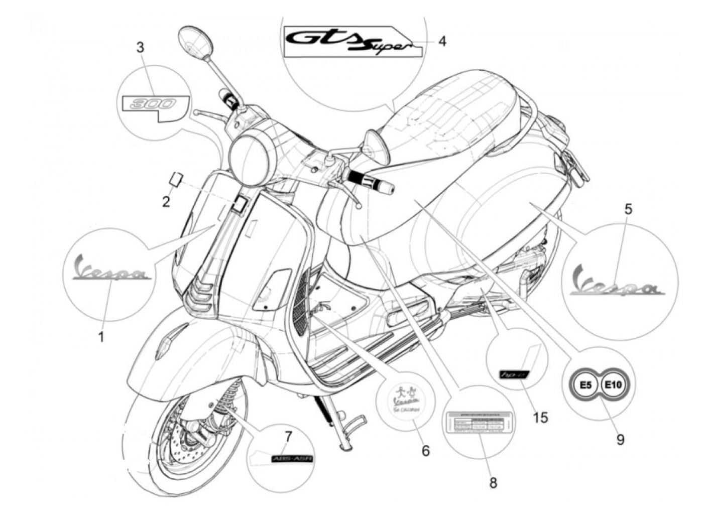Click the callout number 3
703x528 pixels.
[141, 48]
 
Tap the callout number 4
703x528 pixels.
[442, 41]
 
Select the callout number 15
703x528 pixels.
[540, 417]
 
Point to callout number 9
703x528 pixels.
[620, 440]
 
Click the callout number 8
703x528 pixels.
[493, 483]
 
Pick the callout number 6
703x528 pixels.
[425, 451]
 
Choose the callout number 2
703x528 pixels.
[166, 202]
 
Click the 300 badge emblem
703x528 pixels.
[154, 105]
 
